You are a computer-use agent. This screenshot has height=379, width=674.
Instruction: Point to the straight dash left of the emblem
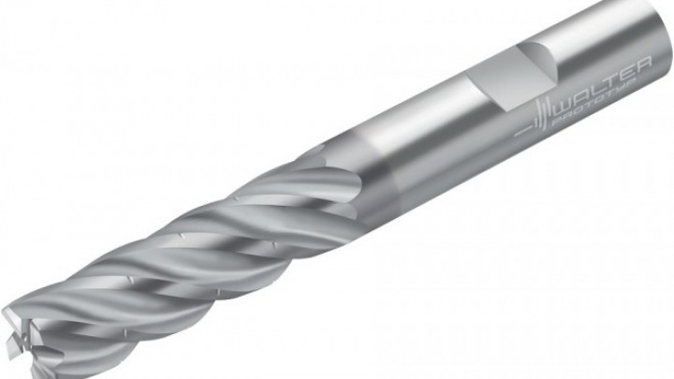click(523, 132)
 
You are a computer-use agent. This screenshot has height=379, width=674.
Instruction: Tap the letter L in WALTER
click(596, 88)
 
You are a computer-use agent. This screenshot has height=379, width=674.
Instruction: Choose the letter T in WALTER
click(609, 80)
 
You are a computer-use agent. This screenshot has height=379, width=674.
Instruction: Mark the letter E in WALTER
click(625, 72)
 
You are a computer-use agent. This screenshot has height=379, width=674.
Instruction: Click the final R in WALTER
click(643, 64)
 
